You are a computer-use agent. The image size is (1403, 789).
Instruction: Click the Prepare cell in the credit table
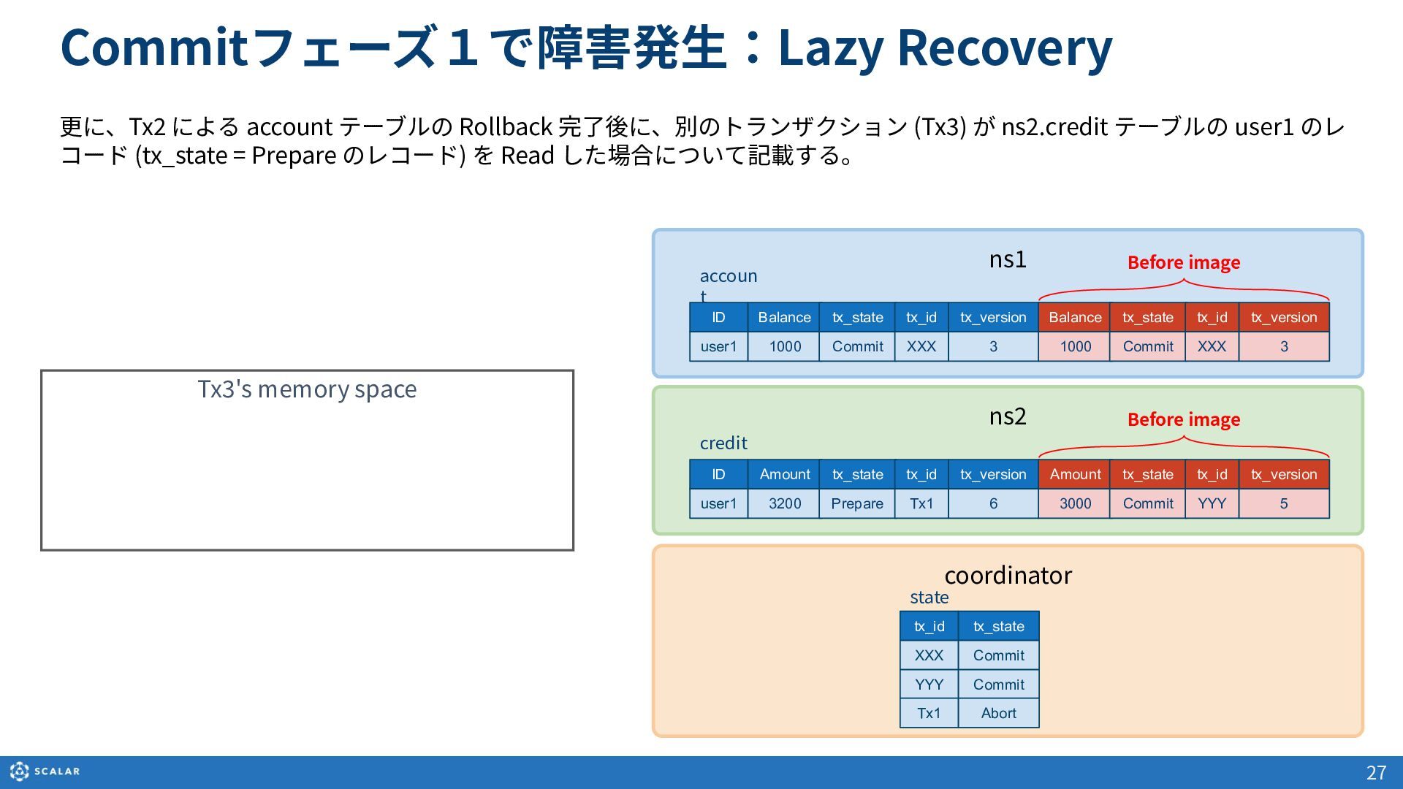(856, 503)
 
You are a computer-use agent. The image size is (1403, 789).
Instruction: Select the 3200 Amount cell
(784, 503)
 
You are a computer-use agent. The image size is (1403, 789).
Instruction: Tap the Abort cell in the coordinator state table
(998, 713)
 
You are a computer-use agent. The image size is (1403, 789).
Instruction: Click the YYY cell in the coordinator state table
(929, 685)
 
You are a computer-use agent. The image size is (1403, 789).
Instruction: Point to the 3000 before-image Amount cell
(1074, 503)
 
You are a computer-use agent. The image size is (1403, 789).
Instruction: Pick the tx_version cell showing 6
(993, 503)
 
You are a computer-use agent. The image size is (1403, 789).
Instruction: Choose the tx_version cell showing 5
(1284, 503)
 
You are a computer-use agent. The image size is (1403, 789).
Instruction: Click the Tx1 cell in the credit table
(921, 503)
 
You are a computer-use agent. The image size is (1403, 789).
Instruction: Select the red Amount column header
(1074, 474)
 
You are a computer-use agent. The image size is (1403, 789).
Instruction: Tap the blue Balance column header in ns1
(784, 317)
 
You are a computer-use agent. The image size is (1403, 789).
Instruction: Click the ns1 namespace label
(1008, 259)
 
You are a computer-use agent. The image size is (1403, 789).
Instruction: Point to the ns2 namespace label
(1008, 416)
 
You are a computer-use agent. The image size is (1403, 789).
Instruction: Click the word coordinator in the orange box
(1008, 575)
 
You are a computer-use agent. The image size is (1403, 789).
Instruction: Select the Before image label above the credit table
(1184, 419)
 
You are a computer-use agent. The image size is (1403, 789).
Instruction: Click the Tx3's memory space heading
(307, 389)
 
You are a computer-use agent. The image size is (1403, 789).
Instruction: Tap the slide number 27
(1376, 772)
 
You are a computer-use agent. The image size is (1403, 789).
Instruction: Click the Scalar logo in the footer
(45, 771)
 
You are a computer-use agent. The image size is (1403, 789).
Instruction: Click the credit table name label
(723, 443)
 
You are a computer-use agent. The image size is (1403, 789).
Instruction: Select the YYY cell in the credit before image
(1212, 503)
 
